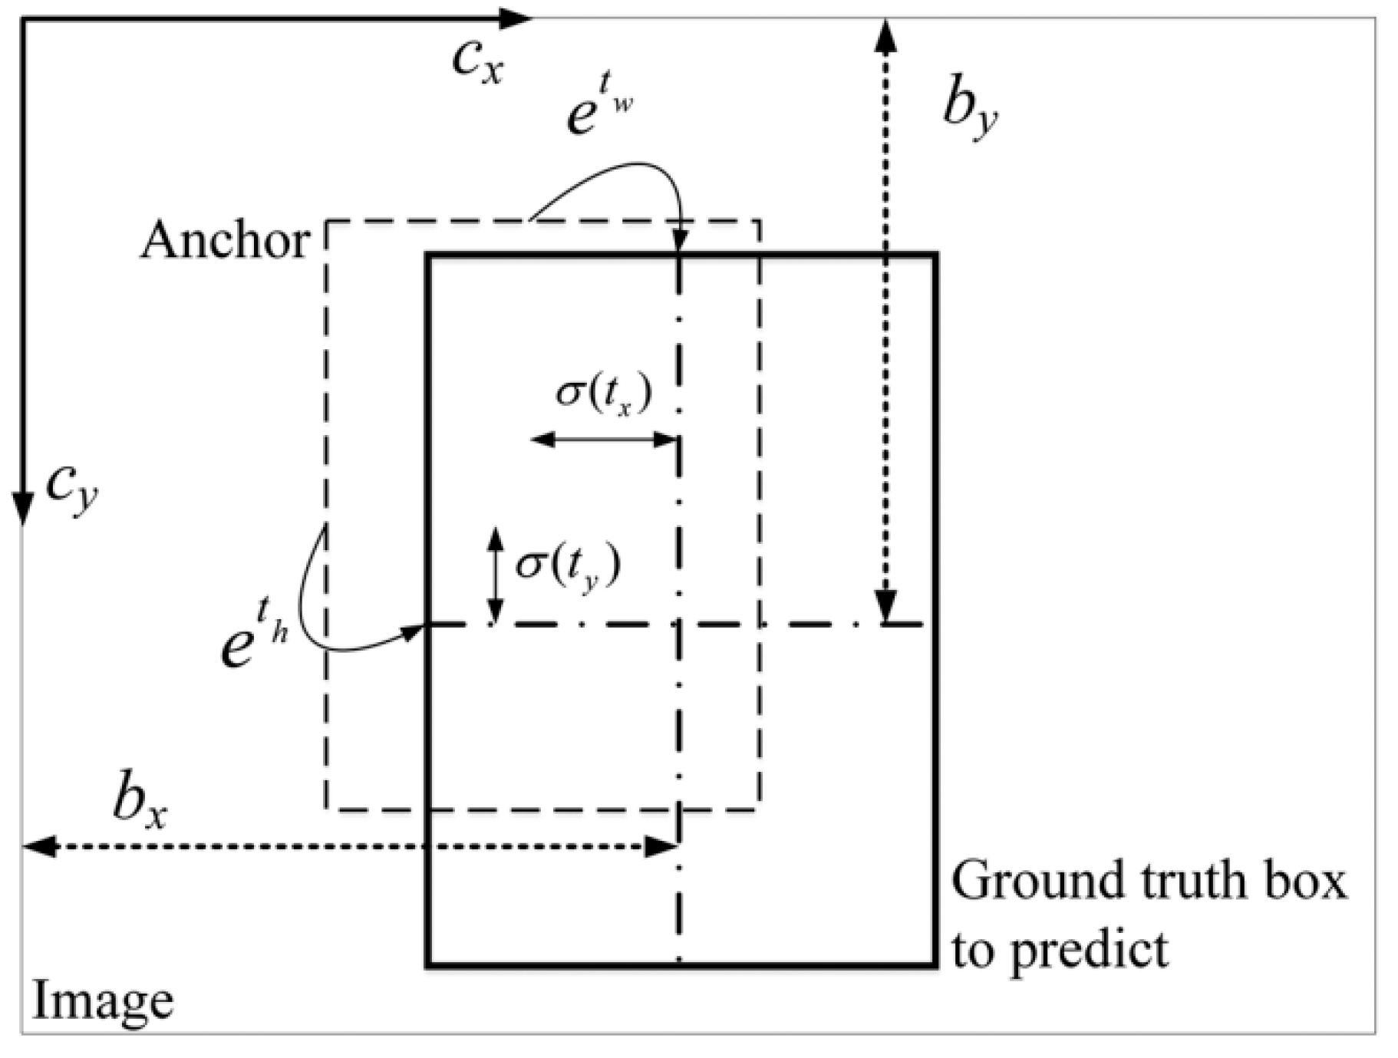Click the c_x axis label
coord(477,61)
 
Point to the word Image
coord(103,1001)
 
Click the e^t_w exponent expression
coord(598,108)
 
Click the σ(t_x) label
coord(604,394)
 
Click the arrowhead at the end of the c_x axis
coord(516,18)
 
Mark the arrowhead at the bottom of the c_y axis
coord(23,510)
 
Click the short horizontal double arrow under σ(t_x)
coord(603,440)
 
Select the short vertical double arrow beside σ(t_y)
coord(496,575)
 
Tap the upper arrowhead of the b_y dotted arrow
coord(886,35)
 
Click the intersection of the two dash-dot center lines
coord(678,625)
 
